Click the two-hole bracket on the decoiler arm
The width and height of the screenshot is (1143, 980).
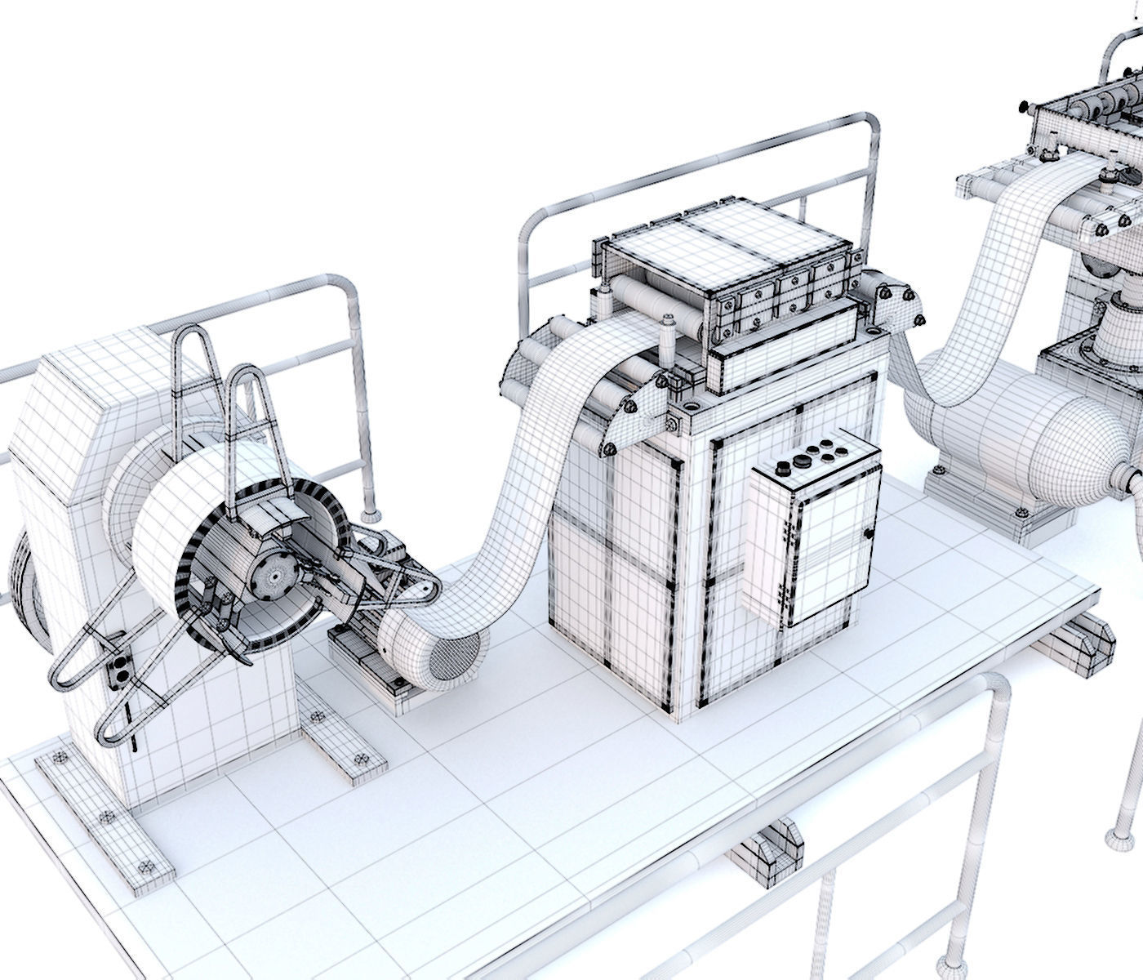tap(118, 669)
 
